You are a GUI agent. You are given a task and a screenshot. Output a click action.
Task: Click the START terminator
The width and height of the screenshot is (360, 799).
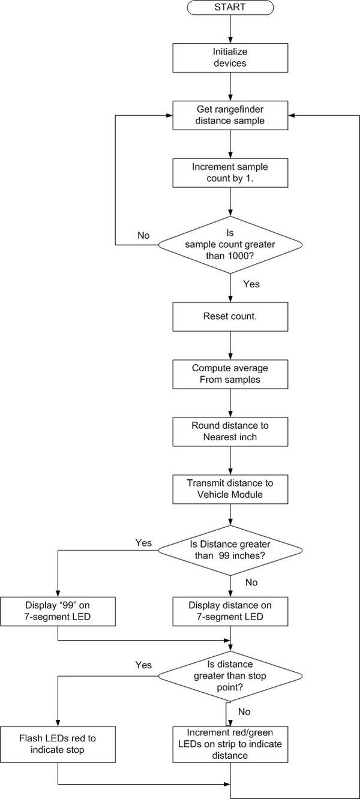[230, 7]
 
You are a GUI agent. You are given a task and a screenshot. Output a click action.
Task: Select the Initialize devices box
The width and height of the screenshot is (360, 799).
[230, 58]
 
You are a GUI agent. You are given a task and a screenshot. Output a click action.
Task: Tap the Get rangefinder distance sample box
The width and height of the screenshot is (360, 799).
[230, 115]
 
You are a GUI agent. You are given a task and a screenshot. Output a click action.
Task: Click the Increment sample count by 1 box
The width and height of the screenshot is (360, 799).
[230, 173]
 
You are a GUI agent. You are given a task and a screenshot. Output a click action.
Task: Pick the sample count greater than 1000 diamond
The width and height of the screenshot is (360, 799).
[230, 245]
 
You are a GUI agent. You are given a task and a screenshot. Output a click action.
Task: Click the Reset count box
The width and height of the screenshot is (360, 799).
[230, 317]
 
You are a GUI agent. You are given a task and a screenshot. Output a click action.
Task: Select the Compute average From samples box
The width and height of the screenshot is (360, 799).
[230, 374]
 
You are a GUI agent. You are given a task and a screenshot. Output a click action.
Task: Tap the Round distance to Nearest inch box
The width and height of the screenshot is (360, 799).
[230, 432]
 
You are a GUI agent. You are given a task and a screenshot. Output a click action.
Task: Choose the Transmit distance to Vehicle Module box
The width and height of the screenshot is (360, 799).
[230, 489]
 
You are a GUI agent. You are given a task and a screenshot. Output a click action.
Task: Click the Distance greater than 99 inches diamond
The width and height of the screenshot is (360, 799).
[230, 551]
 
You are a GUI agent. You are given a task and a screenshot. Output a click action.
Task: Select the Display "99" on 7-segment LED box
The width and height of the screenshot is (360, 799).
[58, 611]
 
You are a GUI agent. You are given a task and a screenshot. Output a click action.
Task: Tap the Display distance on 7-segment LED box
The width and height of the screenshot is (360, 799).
[230, 611]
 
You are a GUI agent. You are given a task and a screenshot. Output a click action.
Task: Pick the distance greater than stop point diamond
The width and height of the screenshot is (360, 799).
[230, 676]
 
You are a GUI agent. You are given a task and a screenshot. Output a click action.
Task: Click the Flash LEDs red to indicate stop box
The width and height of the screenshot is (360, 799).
[58, 744]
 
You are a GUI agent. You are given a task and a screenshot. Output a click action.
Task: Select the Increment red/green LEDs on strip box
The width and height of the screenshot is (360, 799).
[230, 744]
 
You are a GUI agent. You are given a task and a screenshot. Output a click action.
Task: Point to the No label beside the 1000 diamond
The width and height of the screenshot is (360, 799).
[143, 235]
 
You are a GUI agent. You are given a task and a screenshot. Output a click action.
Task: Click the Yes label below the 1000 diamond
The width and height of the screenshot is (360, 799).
[251, 284]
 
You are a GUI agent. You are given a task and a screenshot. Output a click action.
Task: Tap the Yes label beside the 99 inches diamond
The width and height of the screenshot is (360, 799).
[143, 543]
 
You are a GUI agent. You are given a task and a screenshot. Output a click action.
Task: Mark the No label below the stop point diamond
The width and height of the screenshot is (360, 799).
[244, 711]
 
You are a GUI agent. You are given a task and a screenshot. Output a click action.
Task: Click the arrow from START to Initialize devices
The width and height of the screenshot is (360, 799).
[230, 29]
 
